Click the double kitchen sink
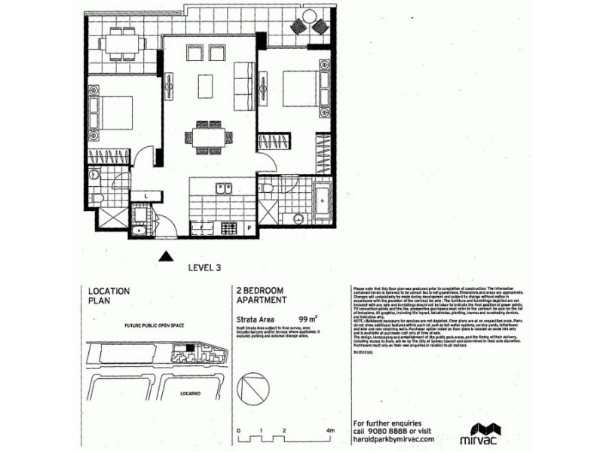tap(224, 188)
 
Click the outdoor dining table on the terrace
tap(121, 43)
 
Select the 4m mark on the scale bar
tap(329, 431)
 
